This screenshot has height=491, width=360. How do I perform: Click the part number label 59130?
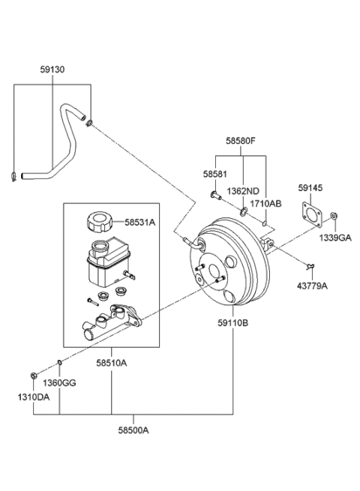[52, 70]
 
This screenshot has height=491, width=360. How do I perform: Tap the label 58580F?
[241, 141]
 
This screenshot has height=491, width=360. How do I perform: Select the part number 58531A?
[139, 223]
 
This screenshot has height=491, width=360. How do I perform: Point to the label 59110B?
[232, 322]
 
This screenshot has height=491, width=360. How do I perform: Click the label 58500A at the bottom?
[133, 430]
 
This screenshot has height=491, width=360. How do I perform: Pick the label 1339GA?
[335, 238]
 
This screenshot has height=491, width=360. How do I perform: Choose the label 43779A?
[312, 286]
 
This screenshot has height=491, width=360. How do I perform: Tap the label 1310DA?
[33, 397]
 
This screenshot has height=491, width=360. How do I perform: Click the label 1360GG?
[59, 382]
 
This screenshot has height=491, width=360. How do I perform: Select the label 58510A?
[111, 363]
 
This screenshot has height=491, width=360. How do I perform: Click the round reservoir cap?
[99, 222]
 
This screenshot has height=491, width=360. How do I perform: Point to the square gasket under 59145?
[312, 215]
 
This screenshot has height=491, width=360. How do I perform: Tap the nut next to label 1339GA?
[334, 216]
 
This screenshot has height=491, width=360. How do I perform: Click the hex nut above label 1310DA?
[33, 375]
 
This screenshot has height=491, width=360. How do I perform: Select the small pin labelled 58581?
[215, 196]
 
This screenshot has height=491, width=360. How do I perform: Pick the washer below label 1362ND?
[243, 211]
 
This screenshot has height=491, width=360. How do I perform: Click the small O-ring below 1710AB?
[265, 223]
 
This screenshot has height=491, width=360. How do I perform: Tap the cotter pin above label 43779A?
[310, 267]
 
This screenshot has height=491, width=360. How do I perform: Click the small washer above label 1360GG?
[59, 363]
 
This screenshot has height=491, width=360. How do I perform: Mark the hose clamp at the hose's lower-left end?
[13, 177]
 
